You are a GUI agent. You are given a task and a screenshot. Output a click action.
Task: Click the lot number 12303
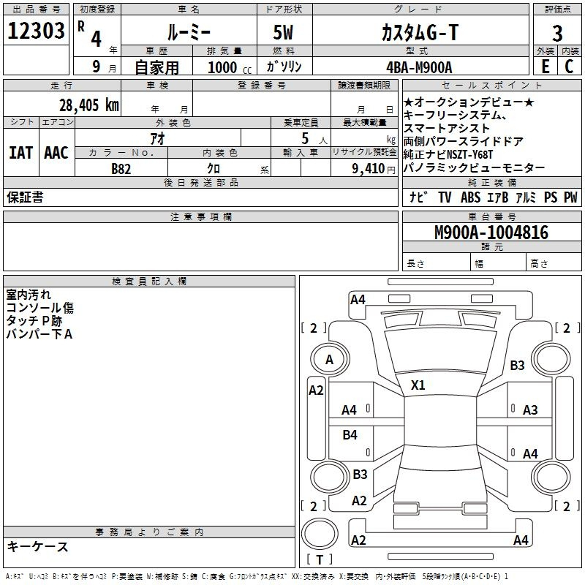[x=36, y=31]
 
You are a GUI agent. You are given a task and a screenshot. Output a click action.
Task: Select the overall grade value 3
[x=557, y=34]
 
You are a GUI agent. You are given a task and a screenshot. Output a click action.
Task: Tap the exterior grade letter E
[x=545, y=67]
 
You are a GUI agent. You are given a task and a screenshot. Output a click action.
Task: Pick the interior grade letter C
[x=569, y=67]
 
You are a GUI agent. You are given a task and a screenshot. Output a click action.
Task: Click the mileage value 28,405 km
[x=89, y=105]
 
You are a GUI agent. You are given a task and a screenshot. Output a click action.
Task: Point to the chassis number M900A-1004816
[x=491, y=233]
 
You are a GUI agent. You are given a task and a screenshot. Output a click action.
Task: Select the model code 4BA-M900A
[x=419, y=67]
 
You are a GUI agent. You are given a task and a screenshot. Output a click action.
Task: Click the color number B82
[x=121, y=169]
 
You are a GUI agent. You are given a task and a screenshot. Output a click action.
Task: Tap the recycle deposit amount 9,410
[x=369, y=169]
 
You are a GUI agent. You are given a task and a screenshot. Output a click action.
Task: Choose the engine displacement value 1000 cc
[x=230, y=67]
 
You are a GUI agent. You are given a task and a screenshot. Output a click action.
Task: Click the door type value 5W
[x=283, y=32]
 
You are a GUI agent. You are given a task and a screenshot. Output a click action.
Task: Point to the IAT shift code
[x=21, y=153]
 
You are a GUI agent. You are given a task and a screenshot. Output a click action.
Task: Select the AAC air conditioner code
[x=56, y=153]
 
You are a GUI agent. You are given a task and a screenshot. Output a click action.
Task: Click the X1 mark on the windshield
[x=418, y=385]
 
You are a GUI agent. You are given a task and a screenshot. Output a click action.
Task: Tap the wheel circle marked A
[x=330, y=359]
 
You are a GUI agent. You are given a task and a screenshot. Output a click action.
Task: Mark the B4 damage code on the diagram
[x=350, y=434]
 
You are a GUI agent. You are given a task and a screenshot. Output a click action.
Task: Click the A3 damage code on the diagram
[x=530, y=410]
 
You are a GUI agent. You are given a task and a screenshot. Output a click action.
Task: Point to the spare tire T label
[x=320, y=559]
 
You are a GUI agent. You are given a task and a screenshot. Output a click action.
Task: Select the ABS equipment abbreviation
[x=470, y=197]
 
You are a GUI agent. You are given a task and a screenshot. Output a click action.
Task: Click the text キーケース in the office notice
[x=38, y=546]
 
